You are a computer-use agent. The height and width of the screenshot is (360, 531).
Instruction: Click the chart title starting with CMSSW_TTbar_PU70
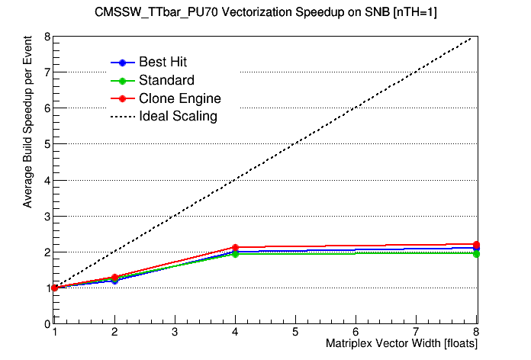(x=265, y=12)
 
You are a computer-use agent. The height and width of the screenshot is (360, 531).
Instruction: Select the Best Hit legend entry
(x=163, y=63)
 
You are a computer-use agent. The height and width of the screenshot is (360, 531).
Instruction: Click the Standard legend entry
(x=166, y=80)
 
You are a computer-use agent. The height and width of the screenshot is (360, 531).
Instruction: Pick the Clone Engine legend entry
(x=179, y=98)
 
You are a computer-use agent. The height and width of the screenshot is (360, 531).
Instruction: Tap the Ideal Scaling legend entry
(x=178, y=117)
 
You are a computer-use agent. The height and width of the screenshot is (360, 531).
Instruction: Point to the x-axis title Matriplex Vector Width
(x=401, y=344)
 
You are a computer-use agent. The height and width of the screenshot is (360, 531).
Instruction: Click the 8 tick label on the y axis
(x=47, y=37)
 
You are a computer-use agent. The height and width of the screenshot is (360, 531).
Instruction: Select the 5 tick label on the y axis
(x=47, y=144)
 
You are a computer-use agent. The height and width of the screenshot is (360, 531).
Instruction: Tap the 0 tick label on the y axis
(x=47, y=323)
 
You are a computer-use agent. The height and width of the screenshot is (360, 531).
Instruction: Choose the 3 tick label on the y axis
(x=47, y=216)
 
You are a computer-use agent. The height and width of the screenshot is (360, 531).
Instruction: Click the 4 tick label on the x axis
(x=235, y=333)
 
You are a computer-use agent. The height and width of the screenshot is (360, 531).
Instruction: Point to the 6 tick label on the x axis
(x=356, y=333)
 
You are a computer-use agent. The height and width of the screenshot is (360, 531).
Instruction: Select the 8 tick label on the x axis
(x=476, y=333)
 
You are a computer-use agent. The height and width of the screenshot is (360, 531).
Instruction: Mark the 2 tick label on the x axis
(x=114, y=333)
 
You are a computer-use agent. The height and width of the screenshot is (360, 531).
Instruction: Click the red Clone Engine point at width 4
(x=235, y=248)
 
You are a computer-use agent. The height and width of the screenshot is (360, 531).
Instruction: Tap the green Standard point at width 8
(x=476, y=253)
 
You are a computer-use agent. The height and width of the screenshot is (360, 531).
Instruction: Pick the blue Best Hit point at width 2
(x=114, y=281)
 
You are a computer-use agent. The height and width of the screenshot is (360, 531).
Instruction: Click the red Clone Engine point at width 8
(x=476, y=244)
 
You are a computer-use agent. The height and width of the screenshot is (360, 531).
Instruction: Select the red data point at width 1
(x=54, y=288)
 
